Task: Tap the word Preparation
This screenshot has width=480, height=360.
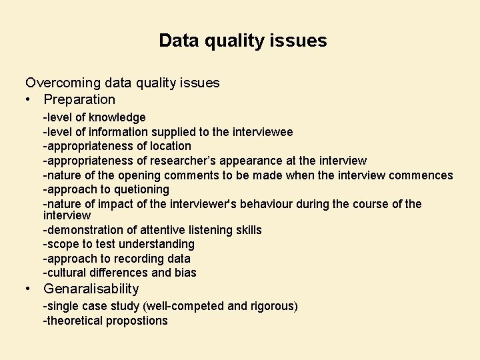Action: click(x=79, y=100)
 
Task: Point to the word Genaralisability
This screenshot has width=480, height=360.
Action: click(x=91, y=289)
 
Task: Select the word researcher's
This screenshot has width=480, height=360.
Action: click(x=190, y=161)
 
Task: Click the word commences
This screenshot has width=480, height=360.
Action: click(x=421, y=175)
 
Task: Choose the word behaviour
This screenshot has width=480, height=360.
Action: click(x=280, y=204)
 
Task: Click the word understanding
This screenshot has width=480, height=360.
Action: click(x=157, y=245)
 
